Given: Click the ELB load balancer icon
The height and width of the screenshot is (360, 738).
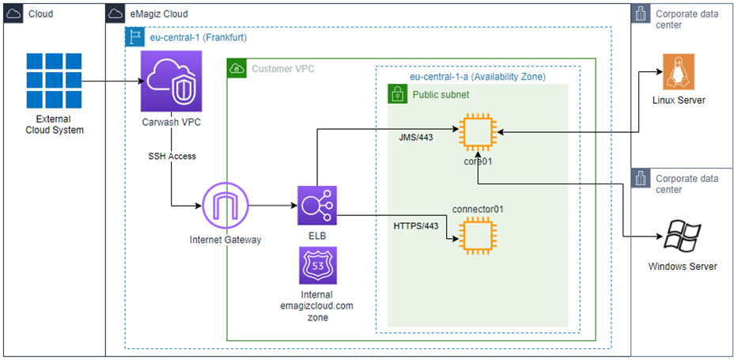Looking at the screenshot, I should point(317,207).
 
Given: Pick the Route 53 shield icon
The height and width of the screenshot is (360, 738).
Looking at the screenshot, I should point(317,265).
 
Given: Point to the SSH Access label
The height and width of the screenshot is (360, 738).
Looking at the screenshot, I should point(172,156).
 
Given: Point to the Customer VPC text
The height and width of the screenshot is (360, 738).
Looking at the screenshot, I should point(282,69).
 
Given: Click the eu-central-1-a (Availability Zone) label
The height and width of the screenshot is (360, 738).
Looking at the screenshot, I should point(477,77).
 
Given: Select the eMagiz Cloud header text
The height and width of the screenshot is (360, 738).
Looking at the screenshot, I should point(159,14).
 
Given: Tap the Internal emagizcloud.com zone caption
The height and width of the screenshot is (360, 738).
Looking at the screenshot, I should point(317,305).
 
